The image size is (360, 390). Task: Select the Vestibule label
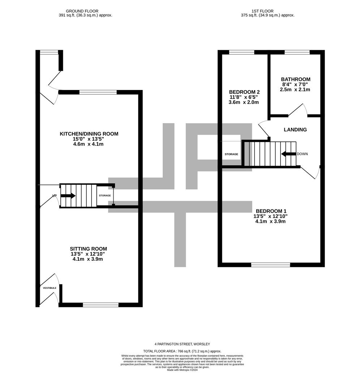(x=50, y=288)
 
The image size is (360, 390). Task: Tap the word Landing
(x=295, y=130)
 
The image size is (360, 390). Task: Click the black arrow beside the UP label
(x=68, y=196)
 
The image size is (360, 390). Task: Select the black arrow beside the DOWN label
(x=289, y=154)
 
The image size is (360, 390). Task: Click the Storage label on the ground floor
(x=105, y=195)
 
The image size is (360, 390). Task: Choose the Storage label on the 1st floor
(x=231, y=154)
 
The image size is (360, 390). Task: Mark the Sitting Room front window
(x=100, y=305)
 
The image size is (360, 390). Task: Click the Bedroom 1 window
(x=271, y=265)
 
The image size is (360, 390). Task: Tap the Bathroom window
(x=297, y=52)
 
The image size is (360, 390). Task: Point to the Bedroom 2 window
(x=241, y=52)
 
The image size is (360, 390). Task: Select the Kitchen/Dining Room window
(x=98, y=92)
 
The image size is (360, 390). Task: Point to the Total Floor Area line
(x=182, y=351)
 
